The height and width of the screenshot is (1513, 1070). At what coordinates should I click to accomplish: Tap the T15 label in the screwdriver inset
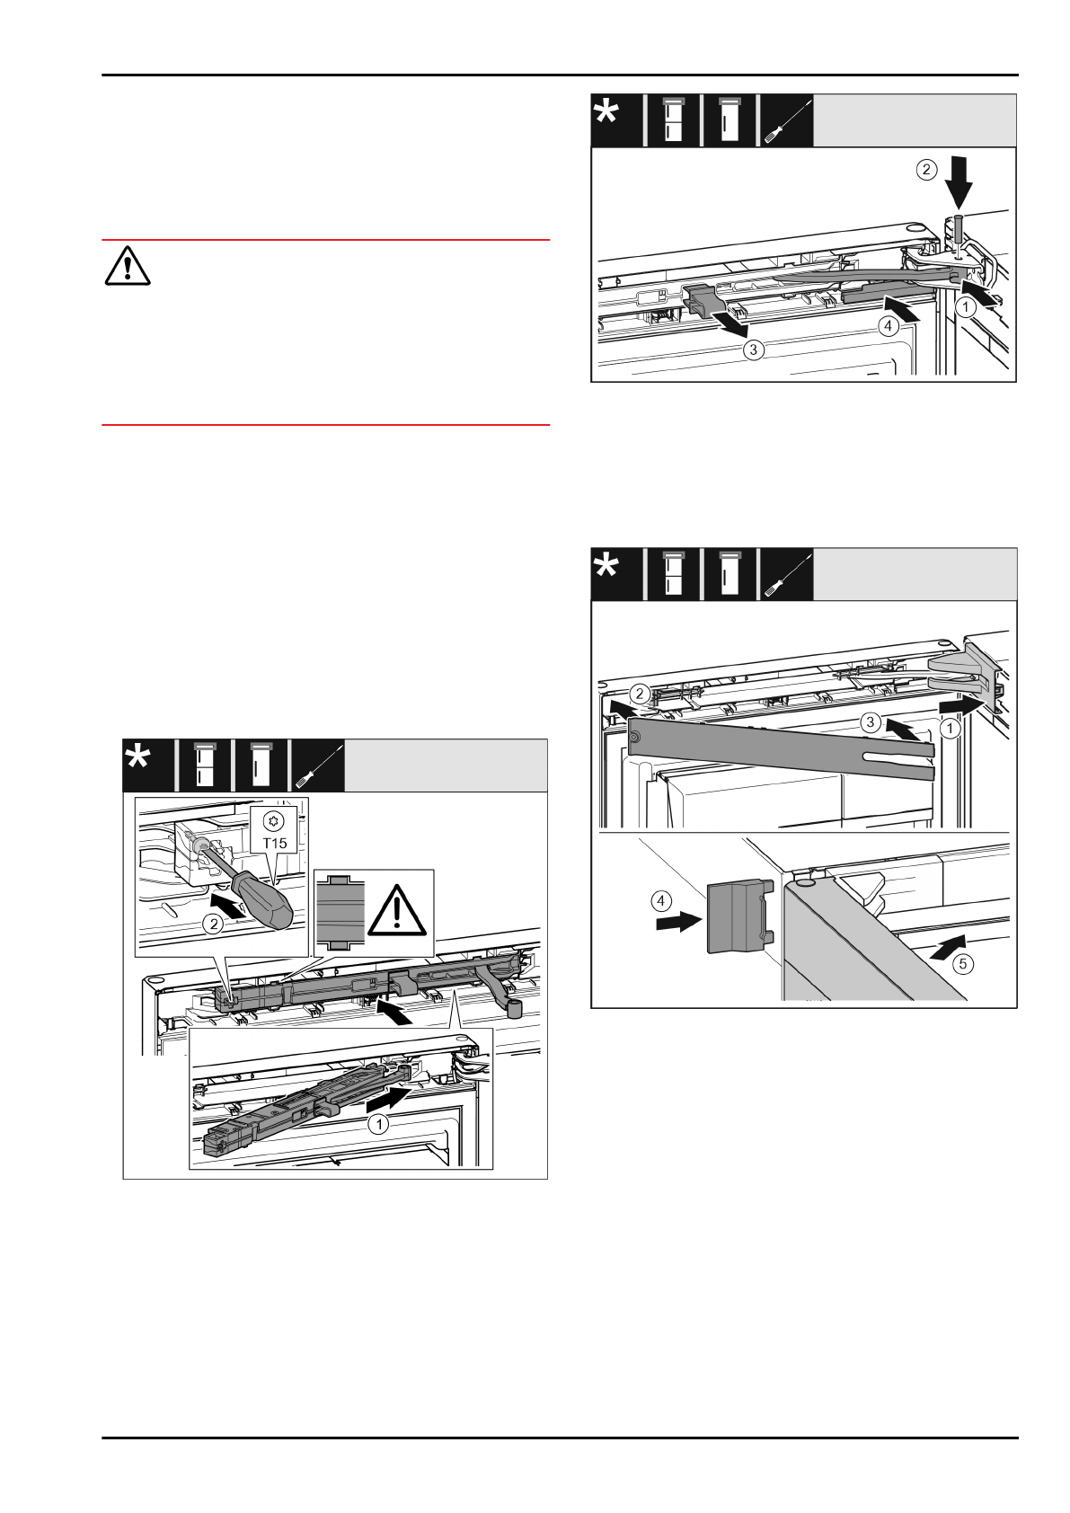275,844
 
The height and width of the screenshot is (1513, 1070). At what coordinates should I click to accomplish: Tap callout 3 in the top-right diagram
755,351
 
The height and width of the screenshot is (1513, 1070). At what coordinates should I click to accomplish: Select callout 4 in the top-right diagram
888,326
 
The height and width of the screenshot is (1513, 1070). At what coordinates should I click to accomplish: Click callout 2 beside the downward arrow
926,169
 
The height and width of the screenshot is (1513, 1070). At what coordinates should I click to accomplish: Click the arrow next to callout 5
948,943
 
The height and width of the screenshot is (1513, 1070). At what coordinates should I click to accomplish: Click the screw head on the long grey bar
635,738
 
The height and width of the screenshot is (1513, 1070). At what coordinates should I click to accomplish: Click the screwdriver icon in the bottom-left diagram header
317,765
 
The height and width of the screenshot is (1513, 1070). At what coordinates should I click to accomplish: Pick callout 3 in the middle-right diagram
869,721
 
